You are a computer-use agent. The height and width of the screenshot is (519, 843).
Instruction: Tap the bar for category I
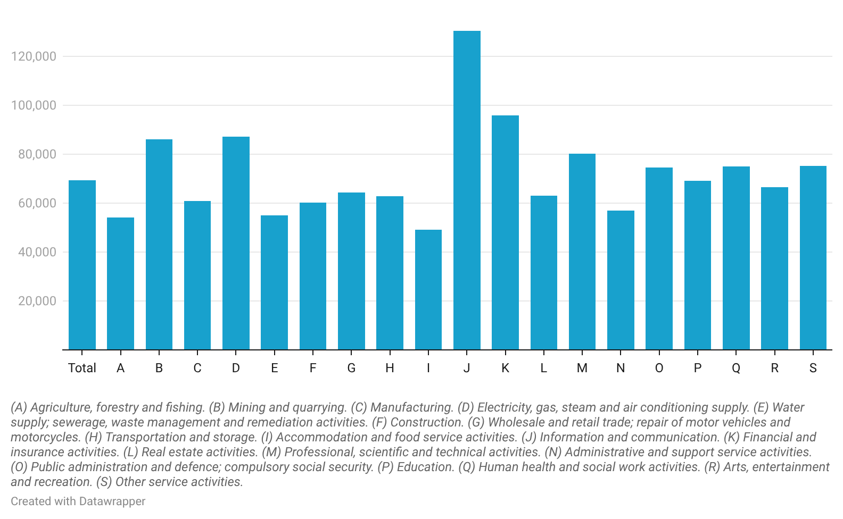428,290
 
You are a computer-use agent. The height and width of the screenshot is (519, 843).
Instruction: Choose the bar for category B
159,245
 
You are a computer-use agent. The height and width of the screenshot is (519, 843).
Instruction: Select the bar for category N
621,280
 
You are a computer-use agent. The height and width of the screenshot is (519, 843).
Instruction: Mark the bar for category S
813,258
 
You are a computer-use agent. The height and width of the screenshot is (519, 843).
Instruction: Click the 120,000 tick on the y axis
34,56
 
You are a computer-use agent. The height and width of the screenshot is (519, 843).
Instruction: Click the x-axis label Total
82,368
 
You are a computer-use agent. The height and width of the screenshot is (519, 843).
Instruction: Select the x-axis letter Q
736,368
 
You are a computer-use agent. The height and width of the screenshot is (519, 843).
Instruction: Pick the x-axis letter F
313,368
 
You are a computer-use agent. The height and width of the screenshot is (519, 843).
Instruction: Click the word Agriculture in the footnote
61,407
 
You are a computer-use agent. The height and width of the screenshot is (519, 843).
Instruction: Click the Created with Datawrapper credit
78,501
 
